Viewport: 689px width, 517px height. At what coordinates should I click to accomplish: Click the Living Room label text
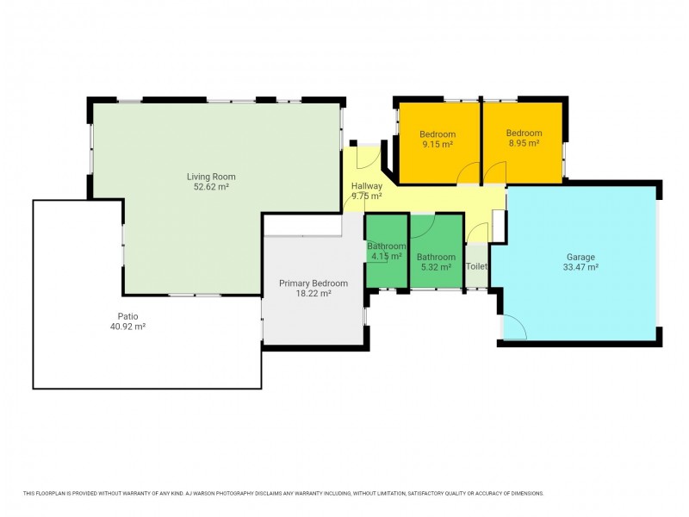point(211,177)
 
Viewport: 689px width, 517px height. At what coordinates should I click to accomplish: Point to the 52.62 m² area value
point(211,186)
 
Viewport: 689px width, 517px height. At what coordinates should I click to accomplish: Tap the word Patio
point(127,315)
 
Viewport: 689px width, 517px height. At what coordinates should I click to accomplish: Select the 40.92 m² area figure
point(127,327)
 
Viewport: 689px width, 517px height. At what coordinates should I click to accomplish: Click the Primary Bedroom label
point(313,283)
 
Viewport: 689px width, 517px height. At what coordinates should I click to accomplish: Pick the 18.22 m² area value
point(313,294)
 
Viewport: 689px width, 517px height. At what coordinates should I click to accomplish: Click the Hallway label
point(367,186)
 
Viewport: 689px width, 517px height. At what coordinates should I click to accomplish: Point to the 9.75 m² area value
point(367,196)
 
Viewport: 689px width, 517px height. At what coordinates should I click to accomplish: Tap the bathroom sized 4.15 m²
point(386,252)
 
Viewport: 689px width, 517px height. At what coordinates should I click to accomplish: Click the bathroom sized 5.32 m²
point(436,262)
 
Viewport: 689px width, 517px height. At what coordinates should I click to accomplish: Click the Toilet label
point(476,266)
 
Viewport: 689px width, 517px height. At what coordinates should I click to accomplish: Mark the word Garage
point(580,257)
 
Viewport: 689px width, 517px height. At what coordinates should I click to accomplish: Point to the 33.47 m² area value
point(580,267)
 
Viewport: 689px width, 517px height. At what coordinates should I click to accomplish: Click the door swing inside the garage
point(513,328)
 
